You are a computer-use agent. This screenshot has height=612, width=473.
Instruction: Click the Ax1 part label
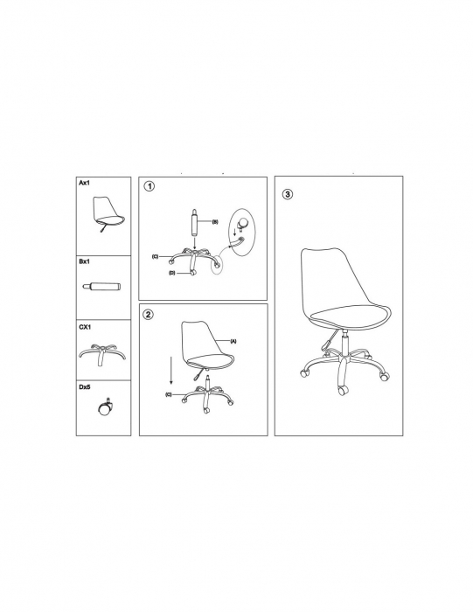84,183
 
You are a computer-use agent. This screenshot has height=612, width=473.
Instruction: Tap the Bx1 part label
84,261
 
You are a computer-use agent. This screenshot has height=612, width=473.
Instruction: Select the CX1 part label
85,327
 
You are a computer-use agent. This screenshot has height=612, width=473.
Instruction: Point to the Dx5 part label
85,387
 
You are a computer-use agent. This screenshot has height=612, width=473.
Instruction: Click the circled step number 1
150,186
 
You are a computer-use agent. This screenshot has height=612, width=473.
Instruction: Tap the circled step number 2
149,315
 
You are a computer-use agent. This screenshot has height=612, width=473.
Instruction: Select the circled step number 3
288,194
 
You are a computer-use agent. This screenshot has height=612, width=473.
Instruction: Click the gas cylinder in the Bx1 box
102,287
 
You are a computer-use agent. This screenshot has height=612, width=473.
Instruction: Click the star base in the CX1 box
102,353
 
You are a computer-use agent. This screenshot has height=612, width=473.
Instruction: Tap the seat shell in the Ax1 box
108,212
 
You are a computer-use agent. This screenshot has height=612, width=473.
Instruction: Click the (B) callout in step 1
215,222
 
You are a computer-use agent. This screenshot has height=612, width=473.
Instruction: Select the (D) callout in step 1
172,273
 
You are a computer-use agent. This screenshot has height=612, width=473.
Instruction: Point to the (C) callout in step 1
155,256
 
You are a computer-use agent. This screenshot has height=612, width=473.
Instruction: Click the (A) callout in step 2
233,341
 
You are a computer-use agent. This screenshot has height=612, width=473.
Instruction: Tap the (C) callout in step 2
169,394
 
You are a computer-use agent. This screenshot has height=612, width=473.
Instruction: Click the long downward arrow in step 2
171,371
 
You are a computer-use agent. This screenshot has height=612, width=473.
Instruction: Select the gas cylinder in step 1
194,221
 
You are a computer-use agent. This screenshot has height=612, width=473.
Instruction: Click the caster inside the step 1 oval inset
244,223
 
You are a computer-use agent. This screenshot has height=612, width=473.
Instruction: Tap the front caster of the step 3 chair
343,390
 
